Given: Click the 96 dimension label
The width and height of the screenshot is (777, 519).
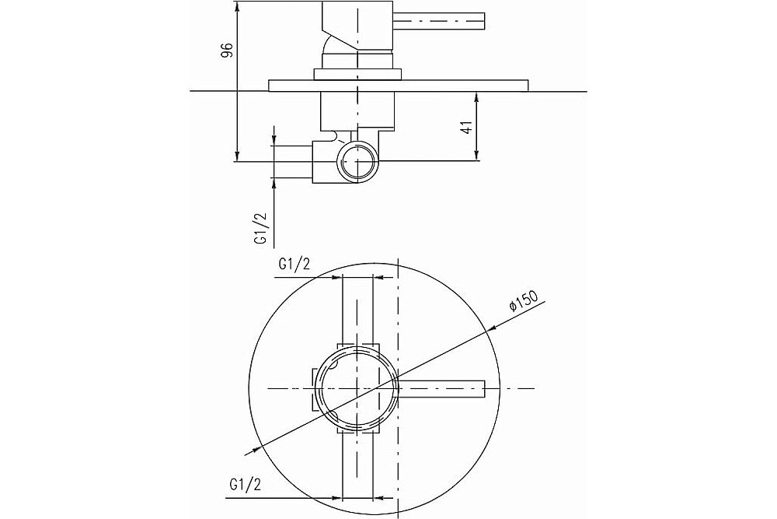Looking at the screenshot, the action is [x=226, y=50].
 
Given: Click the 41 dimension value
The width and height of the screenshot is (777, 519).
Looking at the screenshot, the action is [x=465, y=127].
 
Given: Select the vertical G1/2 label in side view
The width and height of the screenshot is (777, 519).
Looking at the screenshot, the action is [x=260, y=228].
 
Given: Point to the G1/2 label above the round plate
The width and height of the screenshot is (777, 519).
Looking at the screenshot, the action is [x=294, y=265].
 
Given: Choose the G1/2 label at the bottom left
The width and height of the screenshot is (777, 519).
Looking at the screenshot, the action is [x=245, y=485].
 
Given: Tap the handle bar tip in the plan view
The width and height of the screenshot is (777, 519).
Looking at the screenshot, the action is [x=483, y=388].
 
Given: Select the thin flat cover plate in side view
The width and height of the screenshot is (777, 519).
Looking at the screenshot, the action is [x=399, y=86].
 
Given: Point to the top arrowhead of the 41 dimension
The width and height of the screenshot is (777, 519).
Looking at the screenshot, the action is [x=476, y=96].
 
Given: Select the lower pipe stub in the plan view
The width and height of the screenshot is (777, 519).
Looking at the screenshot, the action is [x=357, y=466].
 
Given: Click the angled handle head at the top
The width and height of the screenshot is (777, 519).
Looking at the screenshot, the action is [x=357, y=25].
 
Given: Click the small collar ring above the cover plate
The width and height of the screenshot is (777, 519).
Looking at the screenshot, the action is [x=357, y=74].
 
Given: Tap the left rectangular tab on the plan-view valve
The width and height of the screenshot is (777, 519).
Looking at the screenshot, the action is [x=315, y=390].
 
